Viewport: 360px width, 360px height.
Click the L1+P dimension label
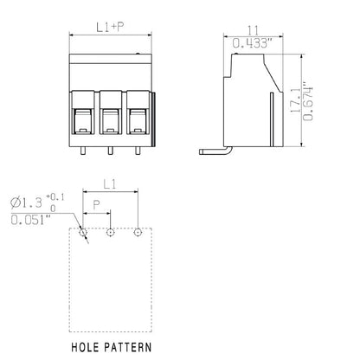(110, 27)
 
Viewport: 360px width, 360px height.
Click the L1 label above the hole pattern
(110, 185)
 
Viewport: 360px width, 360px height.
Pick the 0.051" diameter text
(31, 220)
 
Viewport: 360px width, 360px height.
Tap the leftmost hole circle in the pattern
(82, 232)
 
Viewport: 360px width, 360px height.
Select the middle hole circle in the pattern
(110, 232)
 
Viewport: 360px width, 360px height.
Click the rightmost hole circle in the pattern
(138, 232)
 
